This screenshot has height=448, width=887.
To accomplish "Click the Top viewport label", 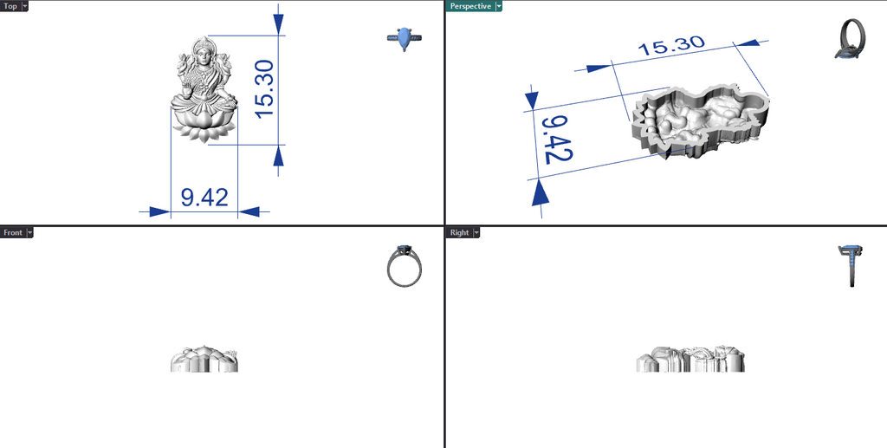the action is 10,6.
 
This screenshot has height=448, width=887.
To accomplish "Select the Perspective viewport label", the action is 470,6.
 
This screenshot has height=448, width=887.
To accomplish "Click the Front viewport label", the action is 12,232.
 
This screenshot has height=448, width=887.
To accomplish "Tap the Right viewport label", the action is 459,232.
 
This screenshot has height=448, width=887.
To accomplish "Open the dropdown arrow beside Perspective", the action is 498,6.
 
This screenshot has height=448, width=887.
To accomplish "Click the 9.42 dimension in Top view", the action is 204,198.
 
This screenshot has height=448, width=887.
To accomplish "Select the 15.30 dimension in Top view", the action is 265,88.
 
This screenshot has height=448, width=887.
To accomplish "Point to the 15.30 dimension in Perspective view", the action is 671,46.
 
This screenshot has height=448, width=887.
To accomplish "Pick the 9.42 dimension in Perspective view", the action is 557,140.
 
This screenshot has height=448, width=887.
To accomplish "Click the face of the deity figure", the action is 203,57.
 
